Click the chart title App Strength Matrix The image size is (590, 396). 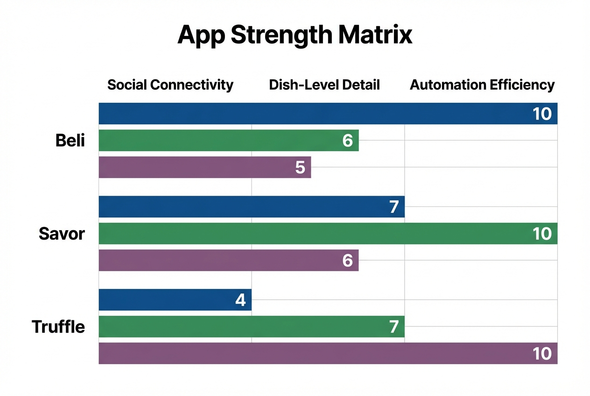[x=295, y=35]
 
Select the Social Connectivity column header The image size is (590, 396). [x=170, y=85]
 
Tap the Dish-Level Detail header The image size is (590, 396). [x=324, y=85]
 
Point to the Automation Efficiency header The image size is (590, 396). [x=482, y=85]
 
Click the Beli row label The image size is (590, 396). [x=70, y=140]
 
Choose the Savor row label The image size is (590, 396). [x=62, y=233]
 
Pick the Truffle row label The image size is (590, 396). [x=58, y=326]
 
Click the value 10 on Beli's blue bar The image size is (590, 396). [x=542, y=113]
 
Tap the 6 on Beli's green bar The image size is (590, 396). [x=347, y=140]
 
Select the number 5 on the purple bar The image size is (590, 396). [x=300, y=167]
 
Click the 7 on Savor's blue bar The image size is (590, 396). [x=394, y=207]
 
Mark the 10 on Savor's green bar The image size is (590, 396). [x=542, y=233]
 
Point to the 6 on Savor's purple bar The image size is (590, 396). [x=347, y=260]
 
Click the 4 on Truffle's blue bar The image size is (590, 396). [x=240, y=300]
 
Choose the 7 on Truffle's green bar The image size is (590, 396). [x=394, y=326]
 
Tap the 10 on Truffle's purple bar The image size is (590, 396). [x=542, y=354]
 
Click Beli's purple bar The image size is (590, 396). [x=196, y=167]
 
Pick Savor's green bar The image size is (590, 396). [x=303, y=233]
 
